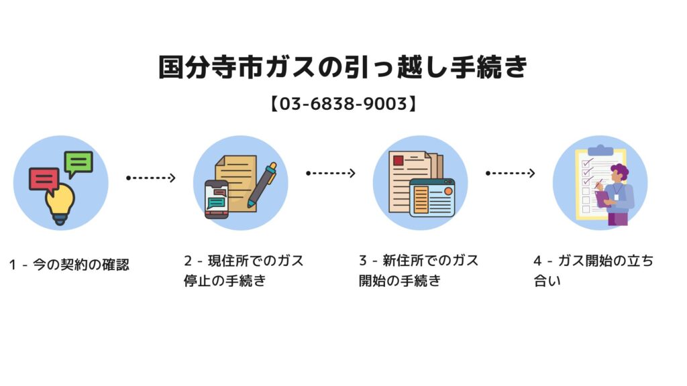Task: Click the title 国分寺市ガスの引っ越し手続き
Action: (343, 67)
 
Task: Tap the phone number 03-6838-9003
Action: (343, 104)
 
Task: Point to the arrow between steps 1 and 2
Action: (151, 178)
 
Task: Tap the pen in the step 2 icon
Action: (262, 184)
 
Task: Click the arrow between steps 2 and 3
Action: (331, 173)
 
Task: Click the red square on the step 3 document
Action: (399, 161)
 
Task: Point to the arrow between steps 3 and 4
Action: (511, 173)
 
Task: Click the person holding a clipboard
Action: (616, 194)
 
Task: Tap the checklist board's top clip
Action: (600, 150)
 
